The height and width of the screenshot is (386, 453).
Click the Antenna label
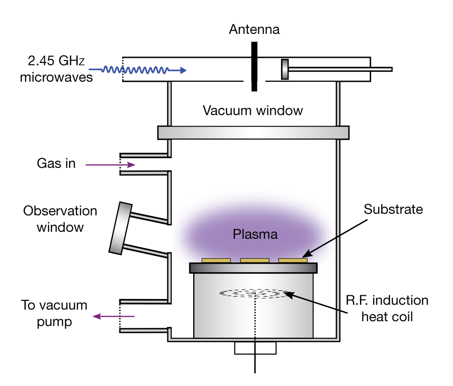(x=254, y=30)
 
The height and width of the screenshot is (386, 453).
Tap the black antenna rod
(x=254, y=66)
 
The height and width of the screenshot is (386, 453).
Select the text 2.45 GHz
(x=51, y=61)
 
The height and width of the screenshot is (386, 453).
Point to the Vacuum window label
(x=253, y=111)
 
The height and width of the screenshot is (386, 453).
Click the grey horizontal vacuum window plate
(x=253, y=133)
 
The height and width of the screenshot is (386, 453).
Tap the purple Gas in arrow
(x=110, y=165)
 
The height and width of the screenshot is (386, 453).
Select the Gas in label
(x=56, y=164)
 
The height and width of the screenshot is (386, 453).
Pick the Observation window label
(x=60, y=219)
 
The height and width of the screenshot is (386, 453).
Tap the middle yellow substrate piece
(x=254, y=260)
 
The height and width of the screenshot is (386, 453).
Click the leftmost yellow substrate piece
(x=216, y=260)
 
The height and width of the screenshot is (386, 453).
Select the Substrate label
(x=393, y=209)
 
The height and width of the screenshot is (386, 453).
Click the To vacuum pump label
(x=55, y=314)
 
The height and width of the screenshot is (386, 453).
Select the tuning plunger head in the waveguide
(x=285, y=69)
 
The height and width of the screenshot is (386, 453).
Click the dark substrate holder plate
(x=253, y=268)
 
